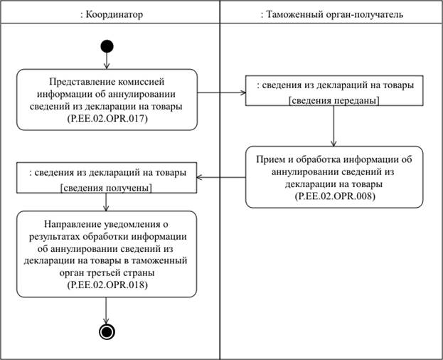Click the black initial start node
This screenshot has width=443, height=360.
107,47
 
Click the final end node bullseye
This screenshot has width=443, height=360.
107,332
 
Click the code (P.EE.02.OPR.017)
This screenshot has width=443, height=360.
107,118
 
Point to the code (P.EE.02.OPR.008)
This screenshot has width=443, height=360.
333,194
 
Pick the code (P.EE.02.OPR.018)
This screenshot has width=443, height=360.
107,284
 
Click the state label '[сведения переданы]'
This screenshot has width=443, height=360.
333,100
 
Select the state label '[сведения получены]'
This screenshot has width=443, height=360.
107,188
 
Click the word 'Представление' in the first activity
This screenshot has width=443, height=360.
78,81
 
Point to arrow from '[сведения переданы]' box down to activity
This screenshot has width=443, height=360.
333,128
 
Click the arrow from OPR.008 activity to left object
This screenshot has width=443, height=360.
221,177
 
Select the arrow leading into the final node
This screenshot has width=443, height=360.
107,310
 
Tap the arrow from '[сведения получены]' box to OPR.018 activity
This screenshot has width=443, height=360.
107,202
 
